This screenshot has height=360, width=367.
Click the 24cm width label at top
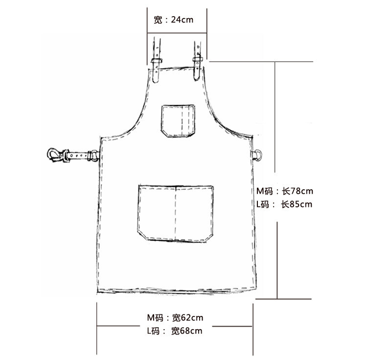pos(173,20)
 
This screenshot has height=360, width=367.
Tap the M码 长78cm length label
pos(285,191)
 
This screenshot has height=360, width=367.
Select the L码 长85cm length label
pos(284,204)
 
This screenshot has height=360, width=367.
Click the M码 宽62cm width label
pos(175,317)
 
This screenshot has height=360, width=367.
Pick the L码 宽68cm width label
pos(175,331)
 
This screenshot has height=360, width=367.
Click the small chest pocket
pos(178,121)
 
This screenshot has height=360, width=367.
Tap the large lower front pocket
pos(175,213)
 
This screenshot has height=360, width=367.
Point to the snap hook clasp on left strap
pos(55,156)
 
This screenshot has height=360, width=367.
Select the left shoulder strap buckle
pos(157,61)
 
